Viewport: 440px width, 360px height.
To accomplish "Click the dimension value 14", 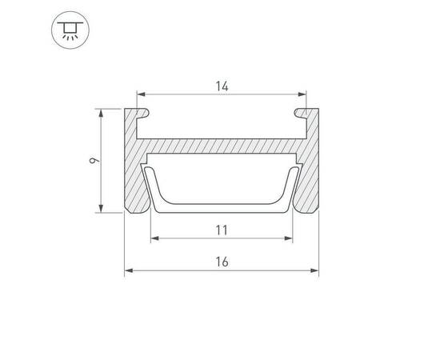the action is [222, 86].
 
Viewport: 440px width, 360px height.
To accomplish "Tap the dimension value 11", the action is [222, 230].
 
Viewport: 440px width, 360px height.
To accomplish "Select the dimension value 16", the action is [222, 262].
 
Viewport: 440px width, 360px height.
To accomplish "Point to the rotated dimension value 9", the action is [94, 161].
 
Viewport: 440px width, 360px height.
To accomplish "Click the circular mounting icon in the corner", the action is [70, 30].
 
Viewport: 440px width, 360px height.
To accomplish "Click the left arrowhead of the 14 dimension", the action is [141, 94].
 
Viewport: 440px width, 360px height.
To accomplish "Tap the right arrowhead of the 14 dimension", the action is [302, 94].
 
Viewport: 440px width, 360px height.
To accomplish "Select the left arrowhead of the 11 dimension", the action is [155, 238].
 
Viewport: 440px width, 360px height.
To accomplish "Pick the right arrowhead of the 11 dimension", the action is [289, 238].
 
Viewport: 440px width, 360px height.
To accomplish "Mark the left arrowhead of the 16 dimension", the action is [129, 270].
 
